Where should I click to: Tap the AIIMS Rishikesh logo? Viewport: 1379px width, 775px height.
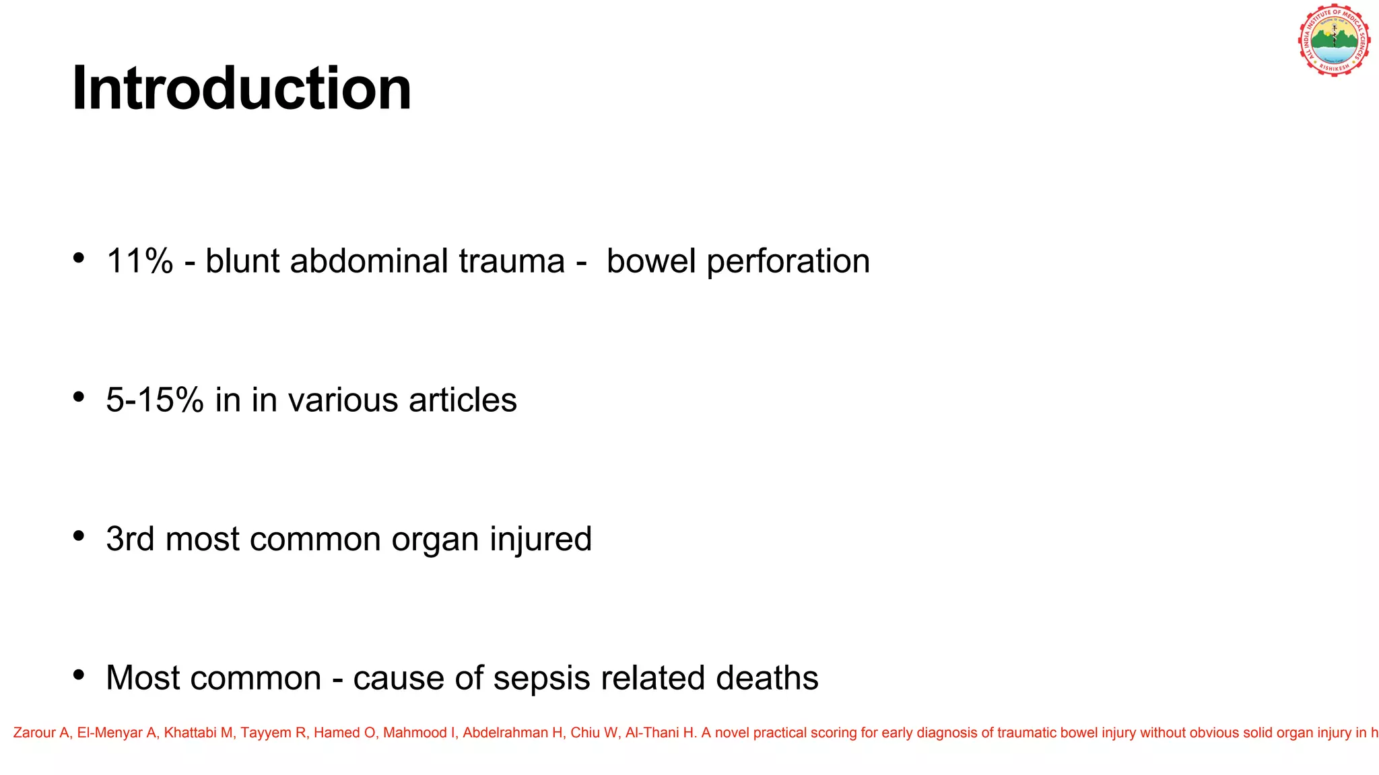pos(1334,40)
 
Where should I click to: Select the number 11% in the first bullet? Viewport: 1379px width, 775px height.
pos(139,261)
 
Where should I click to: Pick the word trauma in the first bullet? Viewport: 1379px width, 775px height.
pos(512,261)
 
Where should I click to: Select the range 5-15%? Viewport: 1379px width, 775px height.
pos(155,400)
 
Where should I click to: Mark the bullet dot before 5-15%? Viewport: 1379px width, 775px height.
pos(79,397)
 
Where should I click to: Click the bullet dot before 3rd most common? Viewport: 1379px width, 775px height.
pos(79,536)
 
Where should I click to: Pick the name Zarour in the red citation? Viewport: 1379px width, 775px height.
pos(34,733)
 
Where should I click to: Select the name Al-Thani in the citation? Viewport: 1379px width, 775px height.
pos(650,733)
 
